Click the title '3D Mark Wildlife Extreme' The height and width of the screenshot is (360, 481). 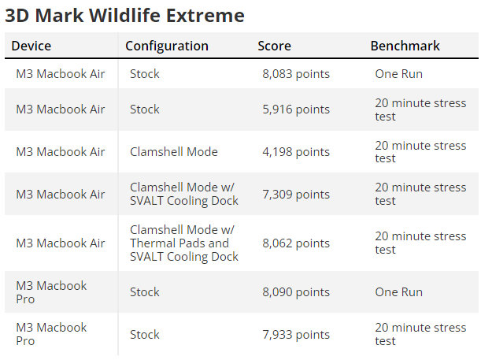[x=124, y=15]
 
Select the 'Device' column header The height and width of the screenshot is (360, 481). [x=31, y=46]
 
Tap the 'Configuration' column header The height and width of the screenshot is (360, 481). [x=167, y=46]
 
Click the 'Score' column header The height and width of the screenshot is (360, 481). [x=274, y=46]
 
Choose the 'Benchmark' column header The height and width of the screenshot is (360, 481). [x=405, y=46]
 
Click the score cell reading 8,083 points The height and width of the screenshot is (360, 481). [x=296, y=74]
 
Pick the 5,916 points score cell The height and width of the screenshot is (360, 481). [x=296, y=109]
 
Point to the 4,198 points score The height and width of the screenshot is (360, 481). [x=296, y=152]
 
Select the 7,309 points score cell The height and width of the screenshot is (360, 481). [x=296, y=195]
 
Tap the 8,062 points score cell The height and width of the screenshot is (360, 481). [x=296, y=243]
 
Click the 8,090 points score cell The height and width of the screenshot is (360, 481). [x=296, y=292]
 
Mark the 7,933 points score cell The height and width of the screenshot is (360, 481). [x=296, y=335]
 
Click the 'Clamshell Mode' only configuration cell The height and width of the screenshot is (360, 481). [x=174, y=152]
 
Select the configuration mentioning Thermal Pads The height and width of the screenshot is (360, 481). [x=184, y=243]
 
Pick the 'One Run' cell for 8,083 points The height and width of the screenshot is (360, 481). [x=399, y=74]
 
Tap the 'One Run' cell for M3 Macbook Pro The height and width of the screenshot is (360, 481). [x=399, y=292]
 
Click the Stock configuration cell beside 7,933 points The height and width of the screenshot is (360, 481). [x=145, y=335]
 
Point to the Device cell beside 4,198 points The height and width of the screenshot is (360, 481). [x=61, y=152]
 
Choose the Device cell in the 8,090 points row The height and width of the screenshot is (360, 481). [x=51, y=292]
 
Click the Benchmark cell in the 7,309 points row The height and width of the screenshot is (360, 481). [x=420, y=194]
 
